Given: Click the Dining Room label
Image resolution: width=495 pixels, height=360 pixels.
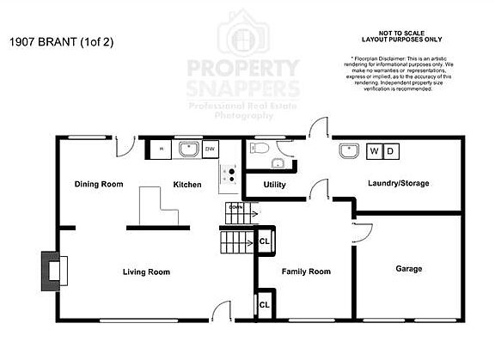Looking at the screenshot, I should pos(99,184).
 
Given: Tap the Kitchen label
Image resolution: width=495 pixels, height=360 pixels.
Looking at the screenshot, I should pos(187,184).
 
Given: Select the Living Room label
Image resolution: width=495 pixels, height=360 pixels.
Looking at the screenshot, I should pos(146,272).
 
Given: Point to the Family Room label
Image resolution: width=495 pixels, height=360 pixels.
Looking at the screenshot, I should pos(307,272).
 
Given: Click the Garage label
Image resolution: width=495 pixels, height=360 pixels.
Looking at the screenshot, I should pos(408,269).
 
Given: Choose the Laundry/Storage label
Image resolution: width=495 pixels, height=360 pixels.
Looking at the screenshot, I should pos(398,183).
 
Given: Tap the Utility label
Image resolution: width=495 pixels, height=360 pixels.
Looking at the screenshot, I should pos(274,185).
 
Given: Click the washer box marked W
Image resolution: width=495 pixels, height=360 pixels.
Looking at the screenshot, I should pos(374,151).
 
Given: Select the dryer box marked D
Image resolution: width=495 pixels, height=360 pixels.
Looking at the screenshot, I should pos(389,151).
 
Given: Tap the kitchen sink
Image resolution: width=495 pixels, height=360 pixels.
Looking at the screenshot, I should pos(187,150).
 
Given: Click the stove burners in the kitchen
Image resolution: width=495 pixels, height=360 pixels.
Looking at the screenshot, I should pos(229,174).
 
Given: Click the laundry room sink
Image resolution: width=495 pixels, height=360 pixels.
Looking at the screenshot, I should pos(348,151).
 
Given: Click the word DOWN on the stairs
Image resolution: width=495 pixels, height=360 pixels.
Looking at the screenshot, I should pos(235,208).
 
